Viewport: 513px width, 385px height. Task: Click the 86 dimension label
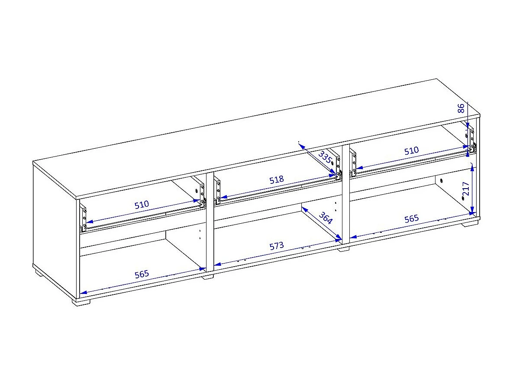point(461,108)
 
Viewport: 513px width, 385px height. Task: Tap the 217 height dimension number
point(466,189)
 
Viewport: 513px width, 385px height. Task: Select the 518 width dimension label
point(277,179)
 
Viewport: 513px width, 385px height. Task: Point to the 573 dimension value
point(277,246)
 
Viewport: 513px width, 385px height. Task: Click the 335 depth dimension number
point(325,157)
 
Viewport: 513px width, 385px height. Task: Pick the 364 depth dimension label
point(326,218)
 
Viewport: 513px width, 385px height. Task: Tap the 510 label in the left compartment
point(142,205)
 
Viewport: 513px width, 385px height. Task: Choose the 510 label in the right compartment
point(411,151)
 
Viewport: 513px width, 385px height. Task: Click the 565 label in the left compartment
point(142,274)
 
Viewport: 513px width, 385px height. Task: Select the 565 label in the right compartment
point(411,219)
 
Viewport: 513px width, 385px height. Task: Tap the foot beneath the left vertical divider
point(207,277)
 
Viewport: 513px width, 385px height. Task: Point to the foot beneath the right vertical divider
point(343,249)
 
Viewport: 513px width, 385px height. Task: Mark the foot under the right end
point(470,224)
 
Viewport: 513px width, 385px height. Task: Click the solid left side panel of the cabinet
point(55,229)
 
